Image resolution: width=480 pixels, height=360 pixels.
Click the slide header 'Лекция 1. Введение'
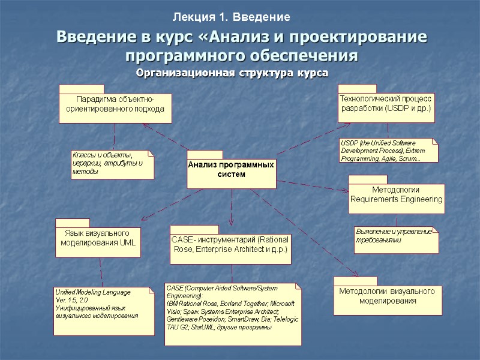[x=232, y=17]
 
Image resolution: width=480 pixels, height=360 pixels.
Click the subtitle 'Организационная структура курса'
[x=232, y=74]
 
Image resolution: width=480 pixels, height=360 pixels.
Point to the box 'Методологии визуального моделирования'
[x=388, y=296]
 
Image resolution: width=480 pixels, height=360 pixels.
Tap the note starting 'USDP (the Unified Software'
[x=388, y=151]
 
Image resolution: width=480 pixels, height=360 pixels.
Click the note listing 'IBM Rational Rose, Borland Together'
[x=233, y=313]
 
